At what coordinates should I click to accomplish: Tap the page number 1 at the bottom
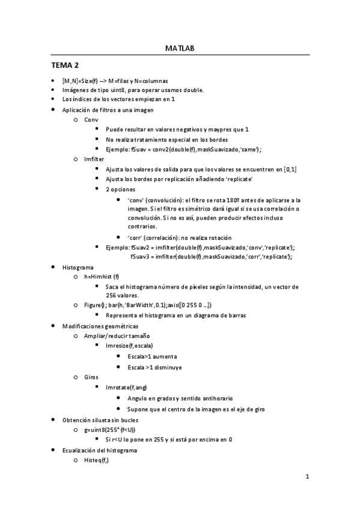point(307,478)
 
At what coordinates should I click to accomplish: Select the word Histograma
point(78,266)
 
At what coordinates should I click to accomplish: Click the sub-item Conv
point(91,120)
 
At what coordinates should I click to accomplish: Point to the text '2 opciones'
point(120,189)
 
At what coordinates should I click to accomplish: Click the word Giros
point(91,376)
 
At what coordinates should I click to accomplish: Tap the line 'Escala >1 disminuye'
point(155,366)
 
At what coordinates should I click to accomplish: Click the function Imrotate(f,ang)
point(126,387)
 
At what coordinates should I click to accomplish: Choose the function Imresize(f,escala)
point(129,346)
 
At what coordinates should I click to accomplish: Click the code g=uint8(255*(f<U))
point(110,429)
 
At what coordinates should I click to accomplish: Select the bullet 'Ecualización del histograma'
point(100,450)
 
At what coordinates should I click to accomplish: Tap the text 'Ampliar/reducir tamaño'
point(117,336)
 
